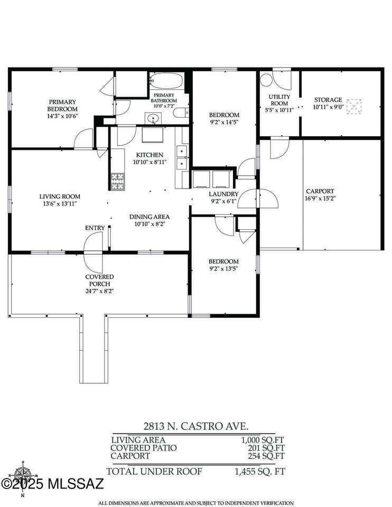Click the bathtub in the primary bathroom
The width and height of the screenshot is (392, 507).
[166, 80]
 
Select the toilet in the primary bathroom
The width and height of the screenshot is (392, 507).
[181, 112]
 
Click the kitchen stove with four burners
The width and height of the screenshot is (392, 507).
[117, 181]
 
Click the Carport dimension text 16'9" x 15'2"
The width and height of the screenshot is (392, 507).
[320, 198]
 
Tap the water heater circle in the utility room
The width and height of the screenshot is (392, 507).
[267, 80]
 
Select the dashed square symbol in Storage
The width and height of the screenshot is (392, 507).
[354, 106]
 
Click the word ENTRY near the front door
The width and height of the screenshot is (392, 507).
[95, 228]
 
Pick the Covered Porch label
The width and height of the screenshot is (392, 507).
[100, 280]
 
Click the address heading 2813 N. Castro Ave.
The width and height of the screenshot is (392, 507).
[196, 426]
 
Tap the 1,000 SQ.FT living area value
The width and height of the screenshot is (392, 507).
[263, 440]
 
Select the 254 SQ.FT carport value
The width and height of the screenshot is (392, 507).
[266, 456]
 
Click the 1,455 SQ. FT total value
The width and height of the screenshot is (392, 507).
[260, 472]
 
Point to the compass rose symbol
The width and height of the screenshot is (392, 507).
[23, 477]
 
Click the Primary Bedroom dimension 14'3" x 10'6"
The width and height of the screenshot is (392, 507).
[62, 116]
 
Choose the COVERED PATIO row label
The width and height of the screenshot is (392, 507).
[144, 448]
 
